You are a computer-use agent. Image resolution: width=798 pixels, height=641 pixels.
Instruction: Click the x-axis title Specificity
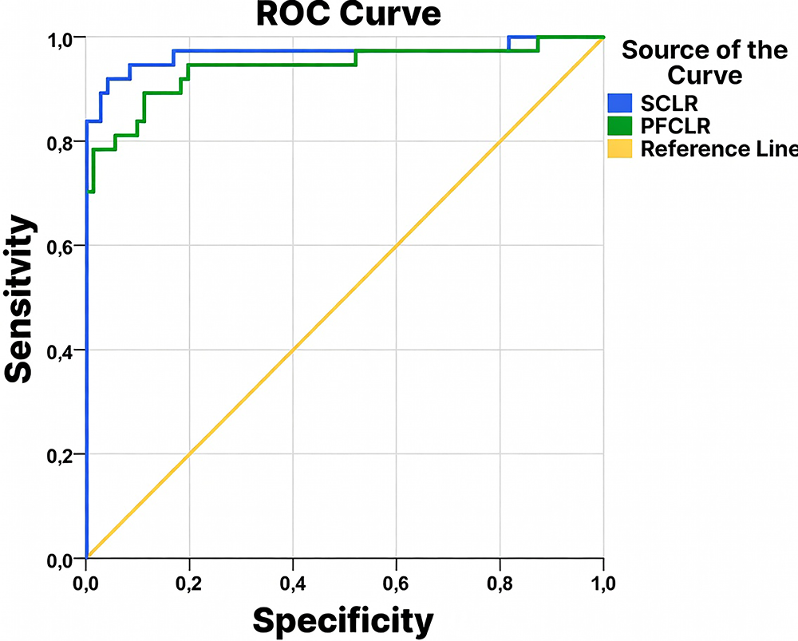[343, 619]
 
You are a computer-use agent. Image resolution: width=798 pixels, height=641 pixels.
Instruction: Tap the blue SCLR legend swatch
[619, 102]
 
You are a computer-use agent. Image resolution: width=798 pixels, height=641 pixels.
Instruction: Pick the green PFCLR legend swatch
[619, 125]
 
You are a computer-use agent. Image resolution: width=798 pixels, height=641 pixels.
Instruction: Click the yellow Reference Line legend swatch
[619, 148]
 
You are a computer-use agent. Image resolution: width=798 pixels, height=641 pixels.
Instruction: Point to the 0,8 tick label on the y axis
[61, 142]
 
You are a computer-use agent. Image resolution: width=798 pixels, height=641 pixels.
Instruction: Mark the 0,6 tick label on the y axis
[61, 246]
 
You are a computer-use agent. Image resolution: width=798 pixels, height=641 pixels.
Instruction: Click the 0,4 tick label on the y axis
[61, 350]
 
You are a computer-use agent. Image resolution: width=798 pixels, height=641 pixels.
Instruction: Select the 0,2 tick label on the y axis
[61, 454]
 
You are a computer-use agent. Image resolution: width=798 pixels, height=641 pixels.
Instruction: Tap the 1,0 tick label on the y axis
[61, 38]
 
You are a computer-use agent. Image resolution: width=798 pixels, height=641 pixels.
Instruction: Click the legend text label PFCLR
[676, 126]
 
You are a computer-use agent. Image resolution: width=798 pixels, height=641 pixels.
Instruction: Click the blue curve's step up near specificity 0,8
[509, 43]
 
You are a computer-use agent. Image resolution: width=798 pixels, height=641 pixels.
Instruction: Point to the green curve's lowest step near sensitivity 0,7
[91, 191]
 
